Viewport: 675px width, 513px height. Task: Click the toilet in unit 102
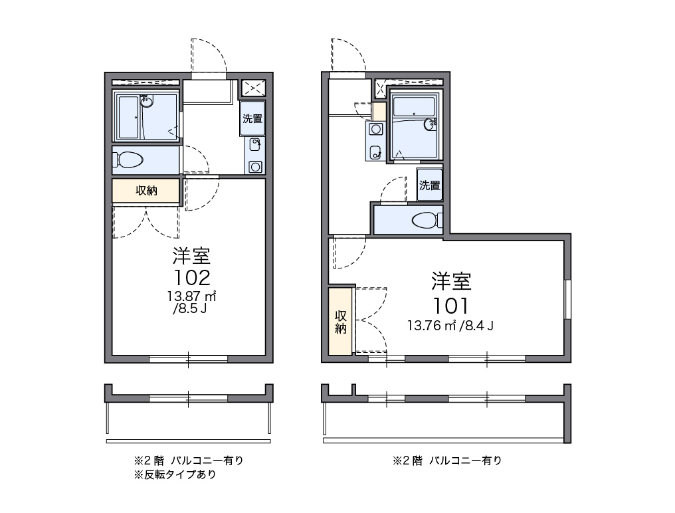point(128,160)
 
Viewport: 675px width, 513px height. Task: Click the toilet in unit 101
point(427,221)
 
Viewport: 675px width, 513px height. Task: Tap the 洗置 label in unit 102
point(252,118)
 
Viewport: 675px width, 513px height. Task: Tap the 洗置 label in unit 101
point(430,185)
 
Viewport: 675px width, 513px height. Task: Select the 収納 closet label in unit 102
point(146,191)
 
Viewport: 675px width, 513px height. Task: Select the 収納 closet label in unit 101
point(341,322)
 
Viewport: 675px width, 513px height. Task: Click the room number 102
point(192,278)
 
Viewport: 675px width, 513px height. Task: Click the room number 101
point(450,306)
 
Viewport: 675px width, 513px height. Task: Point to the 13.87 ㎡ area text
point(191,296)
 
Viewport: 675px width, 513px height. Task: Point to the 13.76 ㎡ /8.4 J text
point(450,326)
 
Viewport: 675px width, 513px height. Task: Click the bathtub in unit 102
point(128,117)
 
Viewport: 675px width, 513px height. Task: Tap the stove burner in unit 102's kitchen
point(256,166)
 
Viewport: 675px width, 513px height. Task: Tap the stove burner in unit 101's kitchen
point(376,129)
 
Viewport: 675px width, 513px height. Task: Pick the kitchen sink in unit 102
point(255,144)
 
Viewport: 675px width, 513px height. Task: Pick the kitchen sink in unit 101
point(375,152)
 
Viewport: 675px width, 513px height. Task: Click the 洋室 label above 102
point(191,256)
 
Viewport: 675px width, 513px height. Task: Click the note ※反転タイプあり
point(175,474)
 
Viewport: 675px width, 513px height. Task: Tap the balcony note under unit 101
point(447,461)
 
